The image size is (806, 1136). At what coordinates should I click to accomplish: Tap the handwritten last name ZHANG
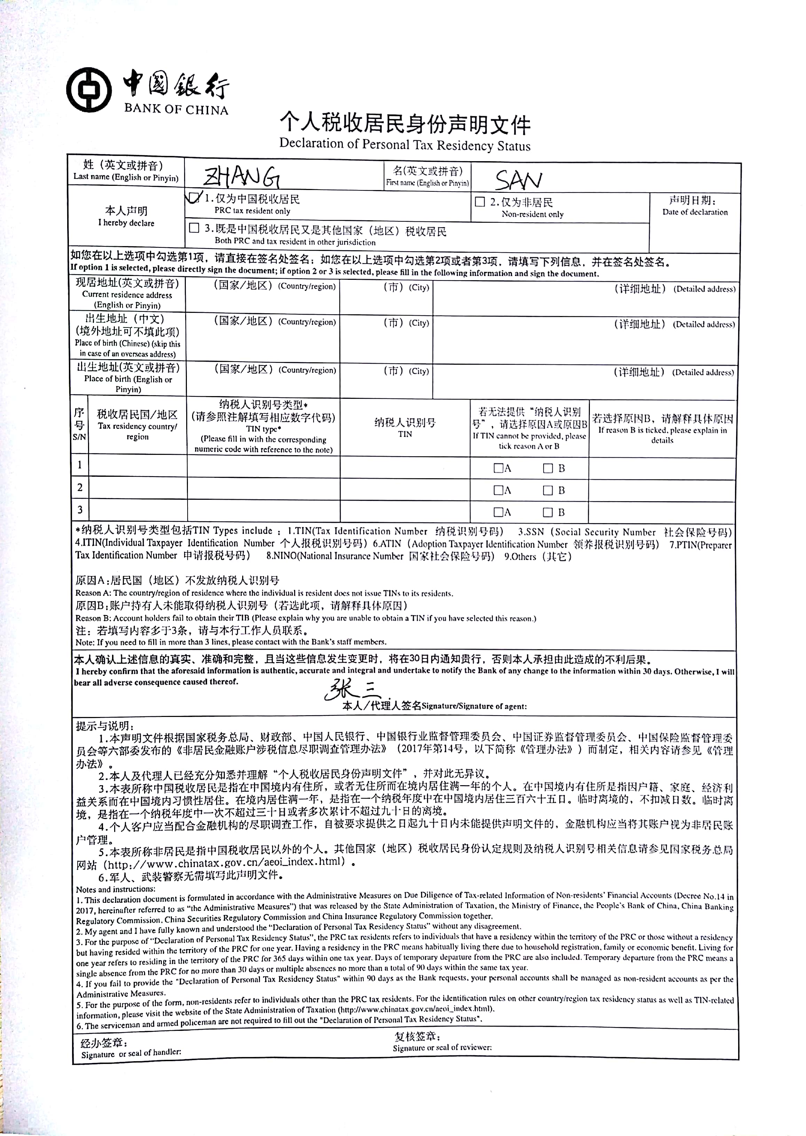pyautogui.click(x=242, y=177)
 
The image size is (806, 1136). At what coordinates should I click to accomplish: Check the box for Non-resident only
pyautogui.click(x=480, y=202)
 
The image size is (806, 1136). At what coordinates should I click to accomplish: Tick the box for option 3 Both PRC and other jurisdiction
pyautogui.click(x=195, y=228)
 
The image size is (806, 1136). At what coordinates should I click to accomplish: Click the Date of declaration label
pyautogui.click(x=695, y=206)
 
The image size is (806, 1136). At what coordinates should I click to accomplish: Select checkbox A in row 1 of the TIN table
pyautogui.click(x=498, y=468)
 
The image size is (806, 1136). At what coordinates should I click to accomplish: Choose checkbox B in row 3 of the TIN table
pyautogui.click(x=548, y=512)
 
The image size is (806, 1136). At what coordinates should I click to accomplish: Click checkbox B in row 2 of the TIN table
pyautogui.click(x=548, y=490)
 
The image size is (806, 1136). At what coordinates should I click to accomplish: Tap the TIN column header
pyautogui.click(x=405, y=427)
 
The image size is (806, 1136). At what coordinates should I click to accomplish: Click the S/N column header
pyautogui.click(x=79, y=425)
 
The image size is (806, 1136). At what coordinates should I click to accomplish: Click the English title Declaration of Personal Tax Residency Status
pyautogui.click(x=404, y=144)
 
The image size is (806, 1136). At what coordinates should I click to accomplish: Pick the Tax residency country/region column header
pyautogui.click(x=137, y=425)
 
